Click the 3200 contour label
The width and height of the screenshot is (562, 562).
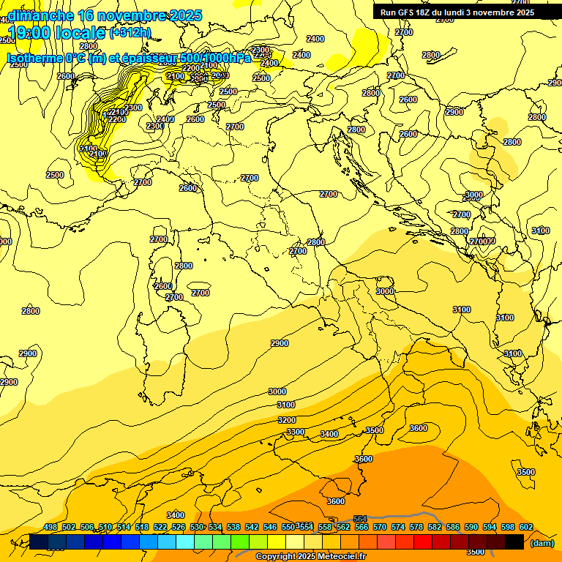click(x=287, y=420)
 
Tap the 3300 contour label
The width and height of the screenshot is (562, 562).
click(x=296, y=432)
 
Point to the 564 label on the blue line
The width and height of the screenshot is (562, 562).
click(x=360, y=519)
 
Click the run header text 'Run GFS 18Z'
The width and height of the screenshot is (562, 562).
click(x=405, y=12)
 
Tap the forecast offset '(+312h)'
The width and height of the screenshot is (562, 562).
click(x=130, y=33)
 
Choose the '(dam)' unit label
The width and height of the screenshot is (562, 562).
click(x=542, y=542)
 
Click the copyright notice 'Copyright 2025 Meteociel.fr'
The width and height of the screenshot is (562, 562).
click(x=310, y=557)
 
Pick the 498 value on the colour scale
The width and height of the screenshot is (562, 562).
click(x=50, y=528)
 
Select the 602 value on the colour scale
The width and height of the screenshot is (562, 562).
click(x=526, y=528)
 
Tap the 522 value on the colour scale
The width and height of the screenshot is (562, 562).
click(x=160, y=528)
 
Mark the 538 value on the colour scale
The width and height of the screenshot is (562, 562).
click(x=233, y=528)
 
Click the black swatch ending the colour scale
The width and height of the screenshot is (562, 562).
click(x=514, y=542)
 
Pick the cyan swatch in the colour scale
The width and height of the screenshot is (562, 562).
click(x=185, y=542)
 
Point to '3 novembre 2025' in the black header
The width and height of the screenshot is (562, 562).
click(x=501, y=12)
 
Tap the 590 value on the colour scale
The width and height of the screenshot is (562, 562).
click(x=471, y=528)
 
